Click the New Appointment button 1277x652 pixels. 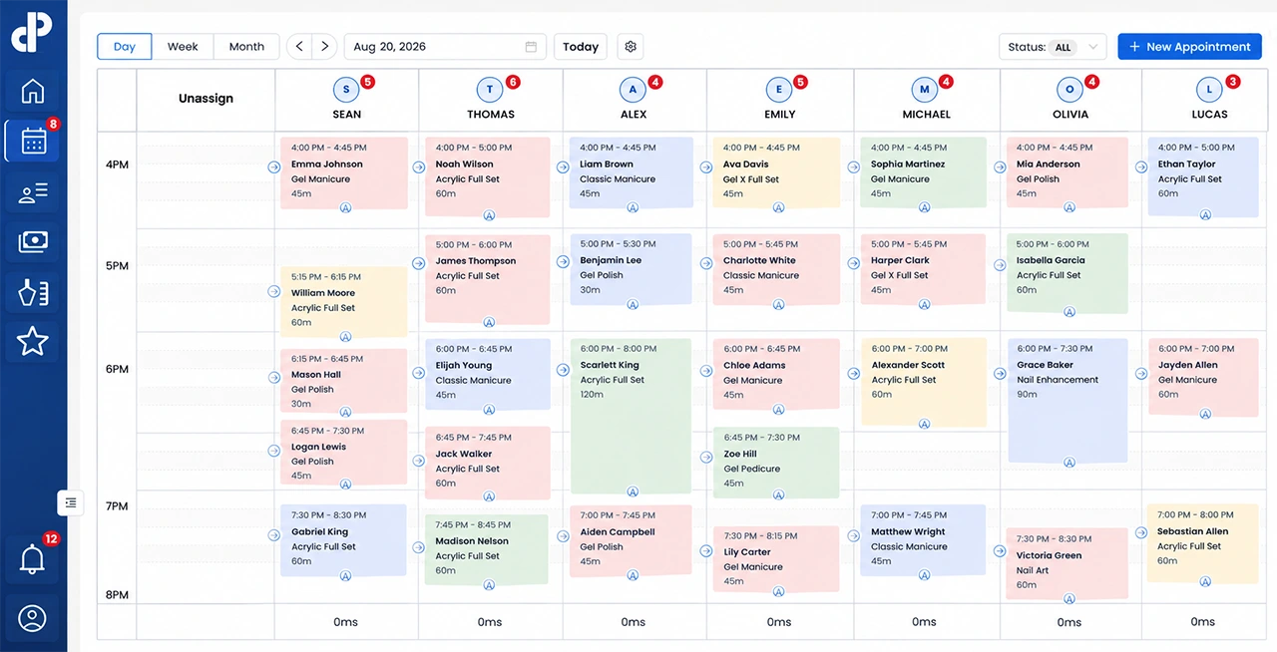1189,47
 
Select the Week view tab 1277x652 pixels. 183,47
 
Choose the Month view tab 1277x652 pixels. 246,47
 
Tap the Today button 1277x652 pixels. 581,47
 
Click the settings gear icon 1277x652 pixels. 631,47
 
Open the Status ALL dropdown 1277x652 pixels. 1053,47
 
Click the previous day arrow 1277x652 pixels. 299,47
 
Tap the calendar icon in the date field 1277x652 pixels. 531,47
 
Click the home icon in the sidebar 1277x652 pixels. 33,91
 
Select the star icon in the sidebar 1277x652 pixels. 33,341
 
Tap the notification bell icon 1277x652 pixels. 32,559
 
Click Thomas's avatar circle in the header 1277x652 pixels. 489,90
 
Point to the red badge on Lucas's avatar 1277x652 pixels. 1233,82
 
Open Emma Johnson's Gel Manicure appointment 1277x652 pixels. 344,172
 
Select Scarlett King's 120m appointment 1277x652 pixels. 632,416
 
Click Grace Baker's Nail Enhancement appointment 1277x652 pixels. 1067,401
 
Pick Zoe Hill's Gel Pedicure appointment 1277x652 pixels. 776,463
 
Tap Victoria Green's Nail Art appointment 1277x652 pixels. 1067,563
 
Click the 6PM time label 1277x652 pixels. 117,369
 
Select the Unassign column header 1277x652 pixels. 206,98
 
